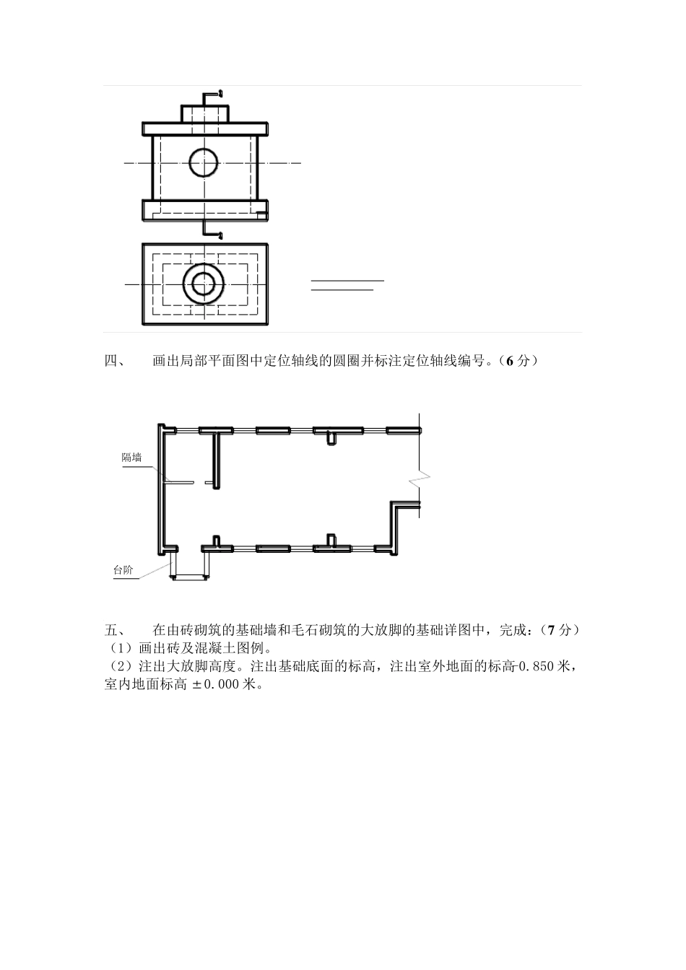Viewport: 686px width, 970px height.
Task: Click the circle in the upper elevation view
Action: [204, 163]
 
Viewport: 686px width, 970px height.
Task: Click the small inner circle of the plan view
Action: [204, 284]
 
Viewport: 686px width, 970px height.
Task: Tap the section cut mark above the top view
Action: [212, 95]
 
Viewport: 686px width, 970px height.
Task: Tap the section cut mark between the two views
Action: [212, 230]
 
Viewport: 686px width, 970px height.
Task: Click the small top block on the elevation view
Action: [204, 114]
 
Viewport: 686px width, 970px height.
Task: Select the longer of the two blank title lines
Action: [347, 279]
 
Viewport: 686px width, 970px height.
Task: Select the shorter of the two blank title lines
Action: [342, 289]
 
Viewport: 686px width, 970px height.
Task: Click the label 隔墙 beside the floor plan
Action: [131, 457]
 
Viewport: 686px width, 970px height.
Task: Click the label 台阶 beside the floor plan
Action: [123, 570]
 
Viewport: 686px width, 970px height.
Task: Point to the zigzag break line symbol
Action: [419, 478]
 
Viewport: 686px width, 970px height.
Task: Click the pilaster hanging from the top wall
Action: [331, 437]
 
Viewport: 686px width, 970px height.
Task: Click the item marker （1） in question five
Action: [117, 648]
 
